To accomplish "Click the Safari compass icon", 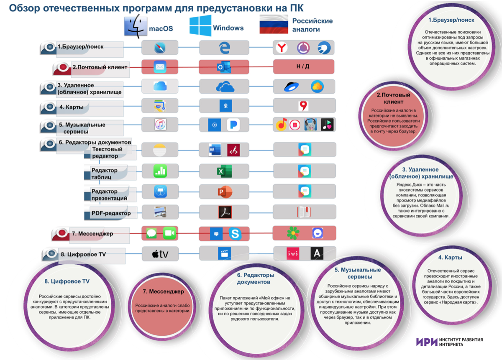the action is click(160, 48).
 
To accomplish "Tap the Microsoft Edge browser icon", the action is click(224, 48).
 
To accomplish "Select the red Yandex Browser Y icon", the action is click(282, 48).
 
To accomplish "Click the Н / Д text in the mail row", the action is click(303, 66).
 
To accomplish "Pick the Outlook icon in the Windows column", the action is click(224, 67).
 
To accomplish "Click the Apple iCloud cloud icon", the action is click(160, 86).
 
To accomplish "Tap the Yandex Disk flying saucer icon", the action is click(291, 87).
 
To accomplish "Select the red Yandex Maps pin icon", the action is click(303, 106).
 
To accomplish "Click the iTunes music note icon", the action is click(161, 124).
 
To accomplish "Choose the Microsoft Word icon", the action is click(215, 150).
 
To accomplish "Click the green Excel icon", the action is click(224, 171).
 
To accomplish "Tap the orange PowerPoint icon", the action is click(225, 192).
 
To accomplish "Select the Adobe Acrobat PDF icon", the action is click(225, 212).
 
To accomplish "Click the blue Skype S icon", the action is click(235, 234).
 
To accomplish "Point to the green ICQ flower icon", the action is click(293, 233).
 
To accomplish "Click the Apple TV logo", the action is click(160, 254).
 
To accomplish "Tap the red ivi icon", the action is click(293, 253).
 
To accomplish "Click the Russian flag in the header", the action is click(274, 24).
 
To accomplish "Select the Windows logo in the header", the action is click(200, 26).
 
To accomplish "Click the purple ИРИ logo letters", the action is click(427, 342).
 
